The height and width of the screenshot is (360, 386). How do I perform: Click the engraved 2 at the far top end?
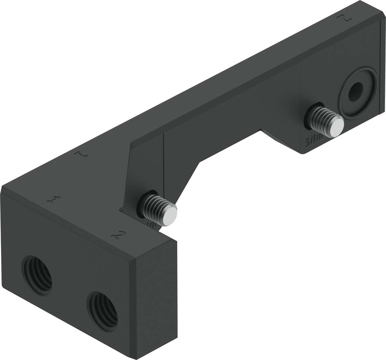tap(343, 19)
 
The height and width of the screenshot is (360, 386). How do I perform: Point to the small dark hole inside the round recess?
tap(355, 91)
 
